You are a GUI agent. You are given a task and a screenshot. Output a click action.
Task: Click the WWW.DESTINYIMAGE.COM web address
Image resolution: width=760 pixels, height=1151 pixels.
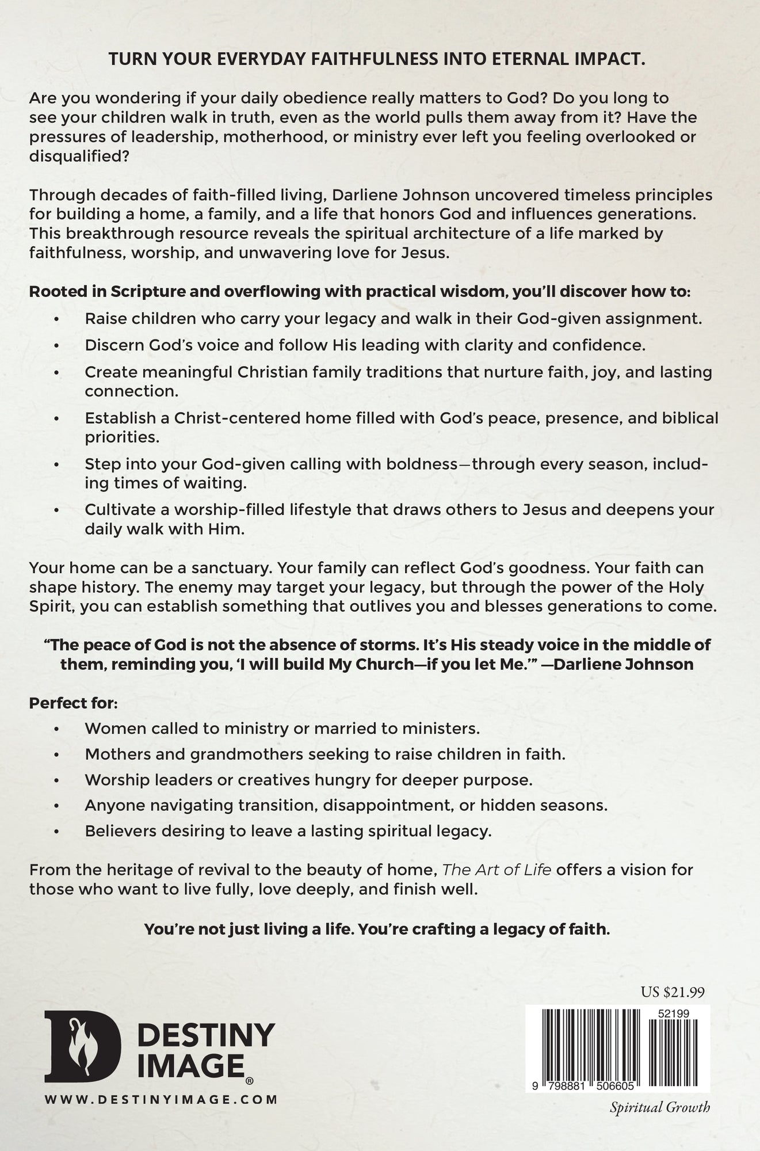coord(161,1099)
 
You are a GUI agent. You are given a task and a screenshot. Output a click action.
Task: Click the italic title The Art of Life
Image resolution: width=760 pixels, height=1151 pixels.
coord(497,869)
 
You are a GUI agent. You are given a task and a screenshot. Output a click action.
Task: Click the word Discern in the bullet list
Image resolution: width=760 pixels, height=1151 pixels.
coord(114,345)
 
